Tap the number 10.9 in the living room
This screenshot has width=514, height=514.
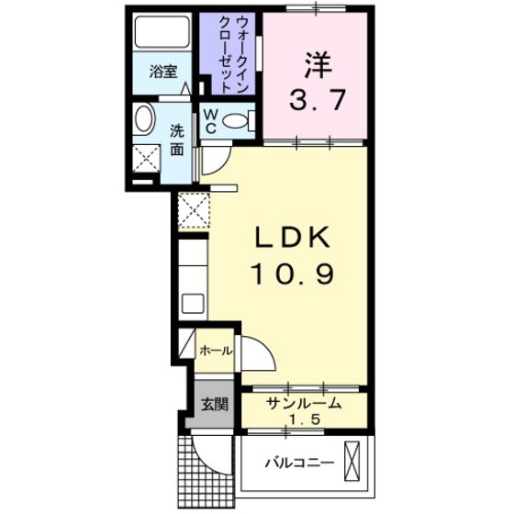[x=290, y=274]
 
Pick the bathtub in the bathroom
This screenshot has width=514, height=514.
[x=162, y=34]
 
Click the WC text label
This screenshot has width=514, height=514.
[x=210, y=119]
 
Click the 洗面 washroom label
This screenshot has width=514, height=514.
[x=178, y=139]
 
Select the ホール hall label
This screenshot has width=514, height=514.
[x=216, y=350]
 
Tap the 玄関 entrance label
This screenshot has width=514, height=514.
[x=214, y=404]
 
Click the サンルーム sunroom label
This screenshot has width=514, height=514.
[x=304, y=403]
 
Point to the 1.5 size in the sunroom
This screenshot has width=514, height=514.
[x=304, y=419]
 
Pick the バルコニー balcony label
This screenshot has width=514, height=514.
[x=300, y=462]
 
